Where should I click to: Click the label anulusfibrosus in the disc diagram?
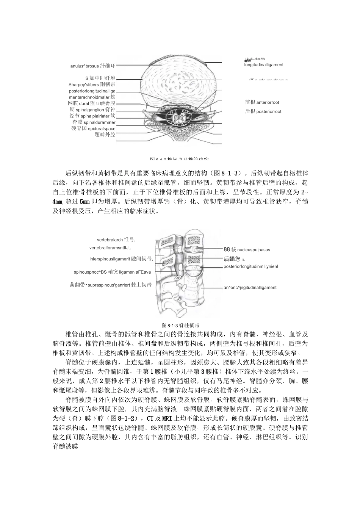point(84,66)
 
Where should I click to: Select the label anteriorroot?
point(268,102)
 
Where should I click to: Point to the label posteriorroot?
point(269,111)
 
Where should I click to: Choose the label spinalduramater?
point(100,122)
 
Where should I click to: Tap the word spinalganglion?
point(92,110)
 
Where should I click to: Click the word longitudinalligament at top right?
point(264,65)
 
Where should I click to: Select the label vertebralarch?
point(110,240)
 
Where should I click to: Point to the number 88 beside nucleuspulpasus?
point(227,250)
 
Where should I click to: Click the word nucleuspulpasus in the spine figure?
point(254,250)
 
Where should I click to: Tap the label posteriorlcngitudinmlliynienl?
point(250,266)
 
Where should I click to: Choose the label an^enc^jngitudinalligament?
point(250,288)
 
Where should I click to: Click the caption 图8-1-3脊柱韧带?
point(181,325)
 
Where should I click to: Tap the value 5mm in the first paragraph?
point(85,202)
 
